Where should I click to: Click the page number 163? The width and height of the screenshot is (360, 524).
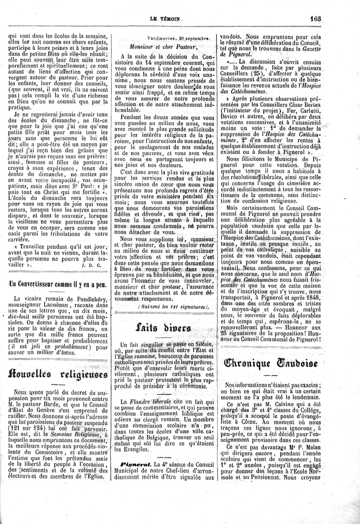[x=316, y=18]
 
